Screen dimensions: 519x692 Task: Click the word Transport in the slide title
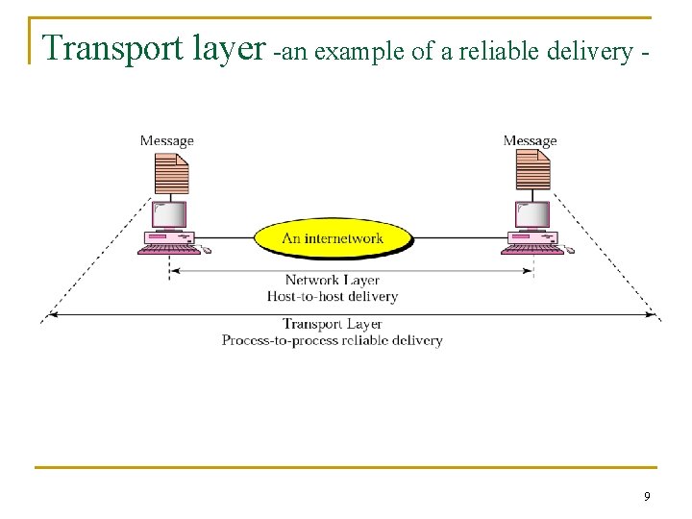pyautogui.click(x=105, y=48)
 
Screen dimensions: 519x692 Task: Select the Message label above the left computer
pyautogui.click(x=166, y=141)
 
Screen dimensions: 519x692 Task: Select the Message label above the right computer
pyautogui.click(x=530, y=141)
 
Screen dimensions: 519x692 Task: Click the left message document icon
pyautogui.click(x=170, y=174)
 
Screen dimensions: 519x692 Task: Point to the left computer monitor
pyautogui.click(x=171, y=214)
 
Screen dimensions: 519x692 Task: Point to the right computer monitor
pyautogui.click(x=533, y=214)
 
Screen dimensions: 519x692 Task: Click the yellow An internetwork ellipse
pyautogui.click(x=333, y=237)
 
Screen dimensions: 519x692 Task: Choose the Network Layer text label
pyautogui.click(x=333, y=282)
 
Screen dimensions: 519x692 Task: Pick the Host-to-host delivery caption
pyautogui.click(x=333, y=297)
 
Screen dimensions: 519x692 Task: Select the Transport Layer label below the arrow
pyautogui.click(x=333, y=325)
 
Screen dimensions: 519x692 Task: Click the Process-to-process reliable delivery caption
pyautogui.click(x=333, y=340)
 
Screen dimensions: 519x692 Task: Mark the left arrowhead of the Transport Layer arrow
pyautogui.click(x=51, y=314)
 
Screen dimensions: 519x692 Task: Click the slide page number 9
pyautogui.click(x=647, y=496)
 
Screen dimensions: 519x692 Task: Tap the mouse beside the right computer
pyautogui.click(x=569, y=250)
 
